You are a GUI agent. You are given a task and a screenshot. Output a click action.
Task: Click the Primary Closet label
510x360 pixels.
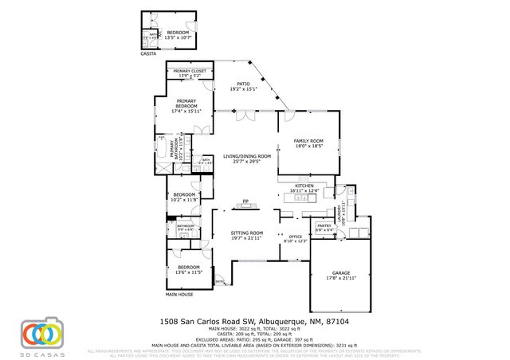190,73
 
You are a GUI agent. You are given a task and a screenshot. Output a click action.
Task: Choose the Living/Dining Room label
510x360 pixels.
247,158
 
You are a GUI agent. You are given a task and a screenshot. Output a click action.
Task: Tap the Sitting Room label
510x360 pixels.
246,235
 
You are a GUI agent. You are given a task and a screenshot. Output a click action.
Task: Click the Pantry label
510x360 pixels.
324,228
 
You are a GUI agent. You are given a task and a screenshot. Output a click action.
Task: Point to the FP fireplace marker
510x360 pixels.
246,201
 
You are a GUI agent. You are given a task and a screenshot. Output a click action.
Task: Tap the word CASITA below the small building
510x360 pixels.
149,53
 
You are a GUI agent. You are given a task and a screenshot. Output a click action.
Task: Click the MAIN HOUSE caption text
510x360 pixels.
179,295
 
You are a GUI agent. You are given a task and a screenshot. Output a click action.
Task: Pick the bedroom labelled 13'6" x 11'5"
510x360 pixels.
189,269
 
